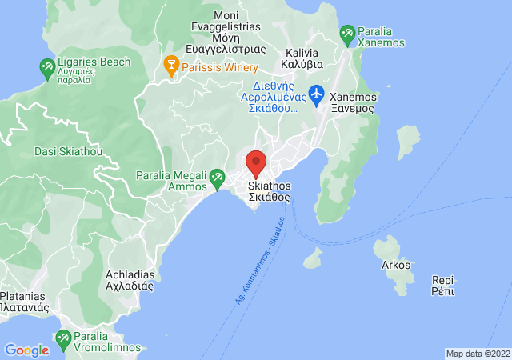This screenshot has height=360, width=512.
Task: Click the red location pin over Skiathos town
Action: coord(256,162)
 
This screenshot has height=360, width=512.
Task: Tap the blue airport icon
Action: coord(315,94)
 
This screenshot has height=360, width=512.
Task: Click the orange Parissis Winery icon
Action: coord(170,63)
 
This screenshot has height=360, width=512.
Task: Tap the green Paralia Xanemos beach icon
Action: coord(346,34)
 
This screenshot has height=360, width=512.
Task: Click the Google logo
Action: coord(26,350)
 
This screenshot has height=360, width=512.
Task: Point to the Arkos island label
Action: coord(395,265)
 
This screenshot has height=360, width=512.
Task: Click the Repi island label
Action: coord(442,286)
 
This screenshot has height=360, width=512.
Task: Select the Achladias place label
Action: coord(130,279)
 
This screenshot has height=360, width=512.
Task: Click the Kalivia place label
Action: coord(302,57)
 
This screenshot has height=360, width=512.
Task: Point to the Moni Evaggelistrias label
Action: coord(237,32)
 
